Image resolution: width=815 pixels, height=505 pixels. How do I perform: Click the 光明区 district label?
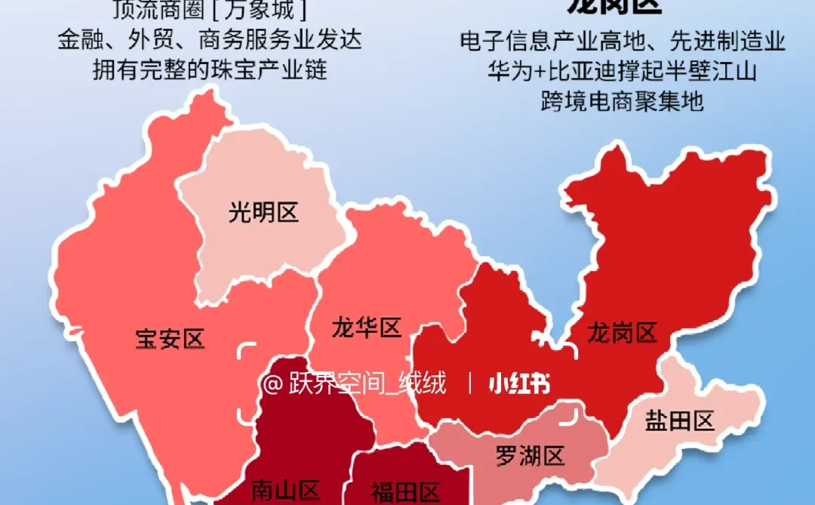(264, 213)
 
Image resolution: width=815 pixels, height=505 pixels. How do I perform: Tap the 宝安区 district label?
(170, 339)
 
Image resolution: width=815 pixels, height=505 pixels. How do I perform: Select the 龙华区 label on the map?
(366, 328)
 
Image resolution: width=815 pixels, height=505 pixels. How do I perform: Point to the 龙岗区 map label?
(623, 332)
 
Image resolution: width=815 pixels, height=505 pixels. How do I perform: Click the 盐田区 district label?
(680, 420)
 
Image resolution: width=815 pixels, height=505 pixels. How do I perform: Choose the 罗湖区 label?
(530, 456)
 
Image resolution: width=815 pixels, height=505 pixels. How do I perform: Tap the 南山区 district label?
(286, 491)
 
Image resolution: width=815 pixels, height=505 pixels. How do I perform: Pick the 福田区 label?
(404, 492)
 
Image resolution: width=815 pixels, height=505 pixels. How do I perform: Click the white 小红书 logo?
(519, 384)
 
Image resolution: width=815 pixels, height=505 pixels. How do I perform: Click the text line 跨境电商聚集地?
(623, 100)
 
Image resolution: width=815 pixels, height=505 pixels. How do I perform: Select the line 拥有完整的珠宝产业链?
(210, 69)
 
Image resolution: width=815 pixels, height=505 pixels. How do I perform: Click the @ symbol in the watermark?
(272, 384)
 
